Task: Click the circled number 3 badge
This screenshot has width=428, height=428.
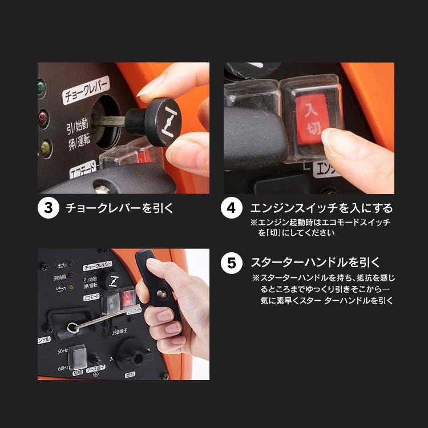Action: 49,208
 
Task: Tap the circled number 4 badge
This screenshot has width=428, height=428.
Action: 231,208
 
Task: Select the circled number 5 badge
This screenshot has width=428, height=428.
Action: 231,263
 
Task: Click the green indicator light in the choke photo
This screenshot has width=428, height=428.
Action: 41,87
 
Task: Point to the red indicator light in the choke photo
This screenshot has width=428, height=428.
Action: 42,118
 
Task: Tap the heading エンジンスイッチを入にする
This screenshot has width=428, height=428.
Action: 321,208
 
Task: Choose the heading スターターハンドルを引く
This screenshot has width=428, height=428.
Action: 315,263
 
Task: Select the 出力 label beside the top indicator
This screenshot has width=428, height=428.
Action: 61,265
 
